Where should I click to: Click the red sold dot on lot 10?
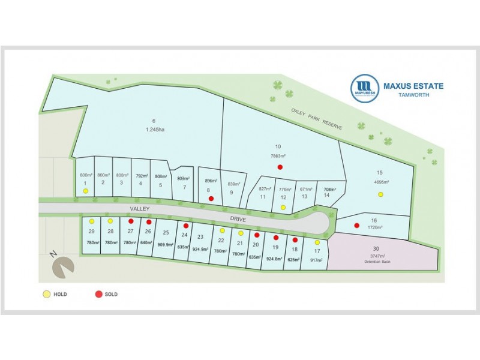pos(280,167)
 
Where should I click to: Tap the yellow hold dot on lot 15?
pos(380,194)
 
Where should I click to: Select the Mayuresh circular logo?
pos(364,89)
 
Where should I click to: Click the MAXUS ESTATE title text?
pos(413,86)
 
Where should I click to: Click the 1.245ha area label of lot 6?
pos(154,129)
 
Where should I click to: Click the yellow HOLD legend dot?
pos(46,295)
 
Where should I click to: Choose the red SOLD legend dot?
pos(98,295)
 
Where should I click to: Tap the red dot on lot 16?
pos(356,226)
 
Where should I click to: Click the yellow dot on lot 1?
pos(86,191)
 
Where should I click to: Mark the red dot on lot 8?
pos(211,198)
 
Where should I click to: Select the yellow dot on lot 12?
pos(283,208)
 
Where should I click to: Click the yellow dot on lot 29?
pos(91,221)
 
